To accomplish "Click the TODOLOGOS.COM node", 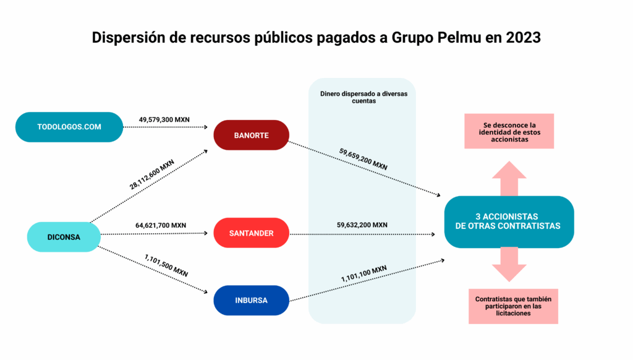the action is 69,127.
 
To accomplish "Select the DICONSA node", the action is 64,237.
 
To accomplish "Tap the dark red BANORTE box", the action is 251,135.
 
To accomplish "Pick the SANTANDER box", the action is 251,233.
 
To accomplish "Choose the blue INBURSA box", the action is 251,300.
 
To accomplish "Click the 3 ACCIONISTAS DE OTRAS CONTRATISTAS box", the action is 509,222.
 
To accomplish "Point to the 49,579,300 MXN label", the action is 164,119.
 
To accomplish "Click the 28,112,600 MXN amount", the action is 152,174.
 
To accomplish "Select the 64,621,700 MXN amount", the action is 161,225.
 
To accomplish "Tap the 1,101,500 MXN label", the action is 166,265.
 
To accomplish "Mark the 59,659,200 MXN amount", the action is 363,159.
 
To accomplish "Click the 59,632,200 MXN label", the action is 362,225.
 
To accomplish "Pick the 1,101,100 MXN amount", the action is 363,273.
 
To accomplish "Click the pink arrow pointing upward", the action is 509,178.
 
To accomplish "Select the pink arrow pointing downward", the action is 509,265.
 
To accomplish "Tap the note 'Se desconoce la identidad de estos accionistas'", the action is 509,132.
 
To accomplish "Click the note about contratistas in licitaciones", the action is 513,306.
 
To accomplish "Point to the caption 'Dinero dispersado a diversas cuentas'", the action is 363,97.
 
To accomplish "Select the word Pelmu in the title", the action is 459,38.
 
